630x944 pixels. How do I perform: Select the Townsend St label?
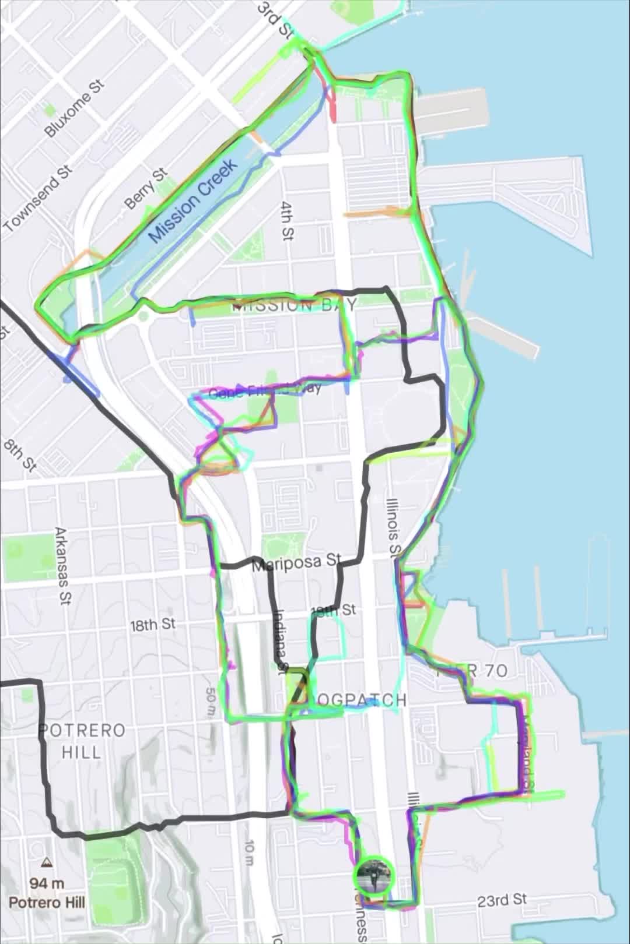pyautogui.click(x=38, y=198)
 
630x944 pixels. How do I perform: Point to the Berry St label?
pyautogui.click(x=146, y=188)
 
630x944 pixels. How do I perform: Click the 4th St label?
pyautogui.click(x=288, y=221)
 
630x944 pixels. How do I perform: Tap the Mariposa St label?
pyautogui.click(x=296, y=562)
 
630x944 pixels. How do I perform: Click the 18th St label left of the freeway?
pyautogui.click(x=152, y=625)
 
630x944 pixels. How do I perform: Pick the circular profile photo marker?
pyautogui.click(x=374, y=875)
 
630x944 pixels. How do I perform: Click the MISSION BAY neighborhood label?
pyautogui.click(x=295, y=305)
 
